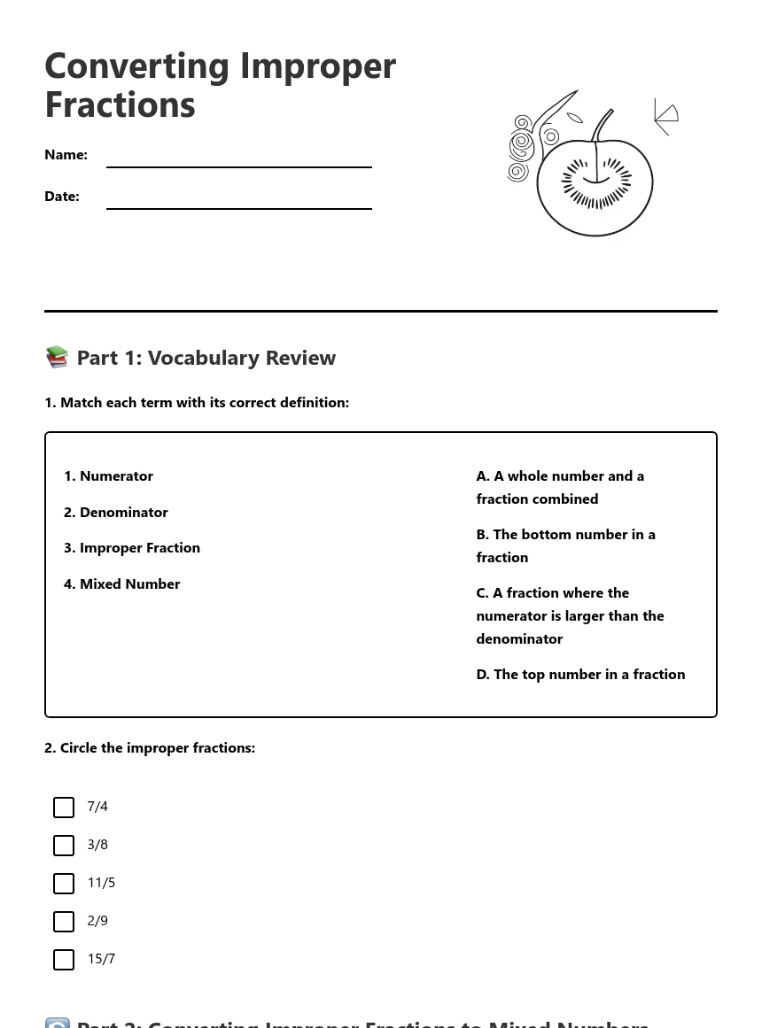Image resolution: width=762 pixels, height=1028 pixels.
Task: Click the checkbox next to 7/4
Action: tap(64, 808)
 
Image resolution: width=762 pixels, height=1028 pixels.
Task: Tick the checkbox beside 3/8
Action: tap(64, 846)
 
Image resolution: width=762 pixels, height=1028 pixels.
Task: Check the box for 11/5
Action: tap(64, 884)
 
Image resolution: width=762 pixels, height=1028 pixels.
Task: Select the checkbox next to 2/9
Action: tap(64, 922)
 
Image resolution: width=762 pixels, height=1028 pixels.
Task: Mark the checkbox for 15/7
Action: tap(64, 960)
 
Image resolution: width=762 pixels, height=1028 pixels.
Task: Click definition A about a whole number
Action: tap(560, 488)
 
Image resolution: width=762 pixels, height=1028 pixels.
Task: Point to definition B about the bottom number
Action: tap(565, 546)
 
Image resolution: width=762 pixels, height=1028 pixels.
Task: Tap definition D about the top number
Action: tap(580, 675)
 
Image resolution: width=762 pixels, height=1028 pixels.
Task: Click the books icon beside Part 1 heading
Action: tap(57, 357)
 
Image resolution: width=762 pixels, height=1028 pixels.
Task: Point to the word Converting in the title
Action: tap(137, 66)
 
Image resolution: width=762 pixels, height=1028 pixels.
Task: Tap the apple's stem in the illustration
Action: tap(602, 124)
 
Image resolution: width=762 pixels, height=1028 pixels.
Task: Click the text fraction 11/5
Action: tap(101, 883)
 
